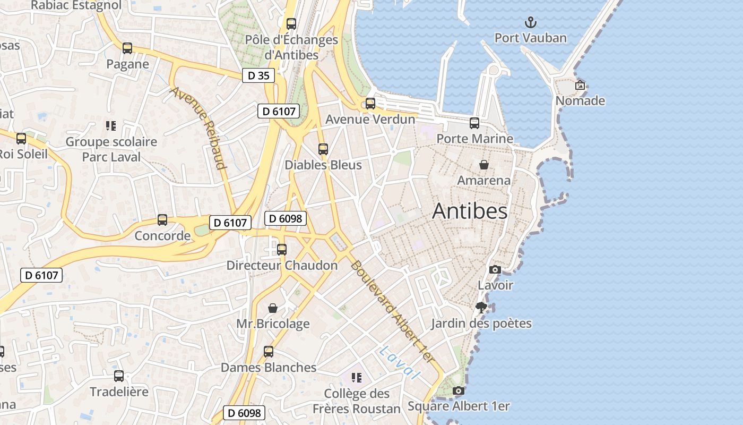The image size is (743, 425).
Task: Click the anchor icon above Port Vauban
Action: (x=530, y=22)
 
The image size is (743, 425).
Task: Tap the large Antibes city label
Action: (x=470, y=211)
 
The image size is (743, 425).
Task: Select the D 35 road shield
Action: (x=258, y=75)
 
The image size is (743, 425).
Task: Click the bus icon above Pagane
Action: (x=127, y=48)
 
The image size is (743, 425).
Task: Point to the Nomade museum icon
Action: (x=580, y=85)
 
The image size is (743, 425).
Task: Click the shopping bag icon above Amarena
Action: (x=483, y=165)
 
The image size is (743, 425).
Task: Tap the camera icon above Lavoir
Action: (x=495, y=270)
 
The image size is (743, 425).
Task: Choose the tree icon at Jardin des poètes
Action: (x=481, y=307)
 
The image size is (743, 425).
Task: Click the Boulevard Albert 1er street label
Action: (x=392, y=312)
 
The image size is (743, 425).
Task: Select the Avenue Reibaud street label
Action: (x=198, y=127)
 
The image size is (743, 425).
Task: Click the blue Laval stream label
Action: (x=400, y=362)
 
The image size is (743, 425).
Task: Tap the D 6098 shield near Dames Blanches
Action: (x=244, y=413)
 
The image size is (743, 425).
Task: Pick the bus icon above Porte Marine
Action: (x=474, y=123)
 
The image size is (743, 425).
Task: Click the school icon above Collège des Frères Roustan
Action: (x=357, y=378)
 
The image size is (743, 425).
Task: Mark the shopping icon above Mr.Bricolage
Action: (x=273, y=308)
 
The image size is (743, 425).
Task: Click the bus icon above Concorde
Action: (x=162, y=220)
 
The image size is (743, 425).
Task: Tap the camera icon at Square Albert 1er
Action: (x=459, y=391)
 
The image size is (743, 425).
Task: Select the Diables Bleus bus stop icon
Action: (x=323, y=149)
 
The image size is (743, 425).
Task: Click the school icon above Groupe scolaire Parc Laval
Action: (x=111, y=126)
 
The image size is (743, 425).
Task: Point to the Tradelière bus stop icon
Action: (x=119, y=376)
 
